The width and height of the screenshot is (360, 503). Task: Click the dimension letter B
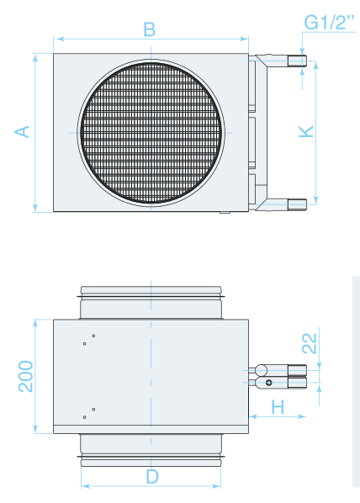coord(150,29)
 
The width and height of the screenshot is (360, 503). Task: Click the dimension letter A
coord(23,132)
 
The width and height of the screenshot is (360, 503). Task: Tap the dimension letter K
coord(306,131)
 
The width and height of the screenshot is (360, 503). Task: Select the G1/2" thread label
coord(329,23)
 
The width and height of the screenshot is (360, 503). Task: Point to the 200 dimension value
coord(26,376)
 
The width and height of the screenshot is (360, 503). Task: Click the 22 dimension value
coord(310,343)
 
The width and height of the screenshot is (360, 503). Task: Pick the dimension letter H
coord(278,407)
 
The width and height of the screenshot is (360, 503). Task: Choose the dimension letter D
coord(152,477)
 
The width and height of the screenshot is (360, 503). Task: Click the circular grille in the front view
coord(151,133)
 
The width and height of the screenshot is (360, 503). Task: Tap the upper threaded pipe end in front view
coord(297,61)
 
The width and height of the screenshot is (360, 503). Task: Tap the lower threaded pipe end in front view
coord(297,204)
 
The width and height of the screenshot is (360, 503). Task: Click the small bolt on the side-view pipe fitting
coord(269,383)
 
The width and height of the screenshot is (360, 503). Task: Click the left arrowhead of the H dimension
coord(253,416)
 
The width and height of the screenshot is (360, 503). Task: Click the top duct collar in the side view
coord(151,303)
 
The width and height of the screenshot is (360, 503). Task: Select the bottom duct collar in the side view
coord(151,450)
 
